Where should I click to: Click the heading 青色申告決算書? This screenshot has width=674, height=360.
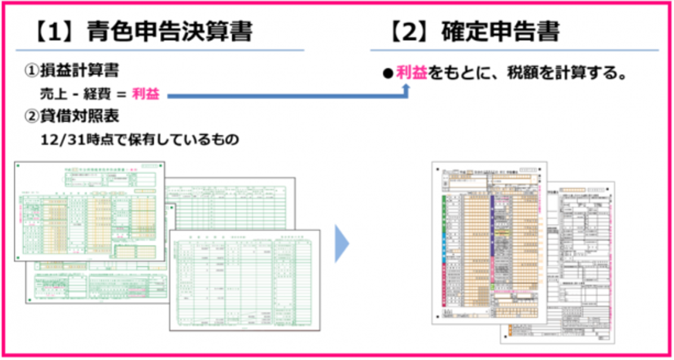170,32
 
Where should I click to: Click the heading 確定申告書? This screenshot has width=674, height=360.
501,32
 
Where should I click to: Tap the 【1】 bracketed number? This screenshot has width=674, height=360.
56,32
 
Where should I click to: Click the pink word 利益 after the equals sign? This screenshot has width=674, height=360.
146,94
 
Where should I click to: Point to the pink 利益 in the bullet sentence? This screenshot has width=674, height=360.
411,73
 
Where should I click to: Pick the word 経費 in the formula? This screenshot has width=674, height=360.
97,94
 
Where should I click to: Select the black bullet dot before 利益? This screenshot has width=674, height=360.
387,74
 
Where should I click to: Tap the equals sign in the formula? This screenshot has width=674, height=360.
122,95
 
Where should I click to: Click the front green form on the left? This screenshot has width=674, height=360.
89,211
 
